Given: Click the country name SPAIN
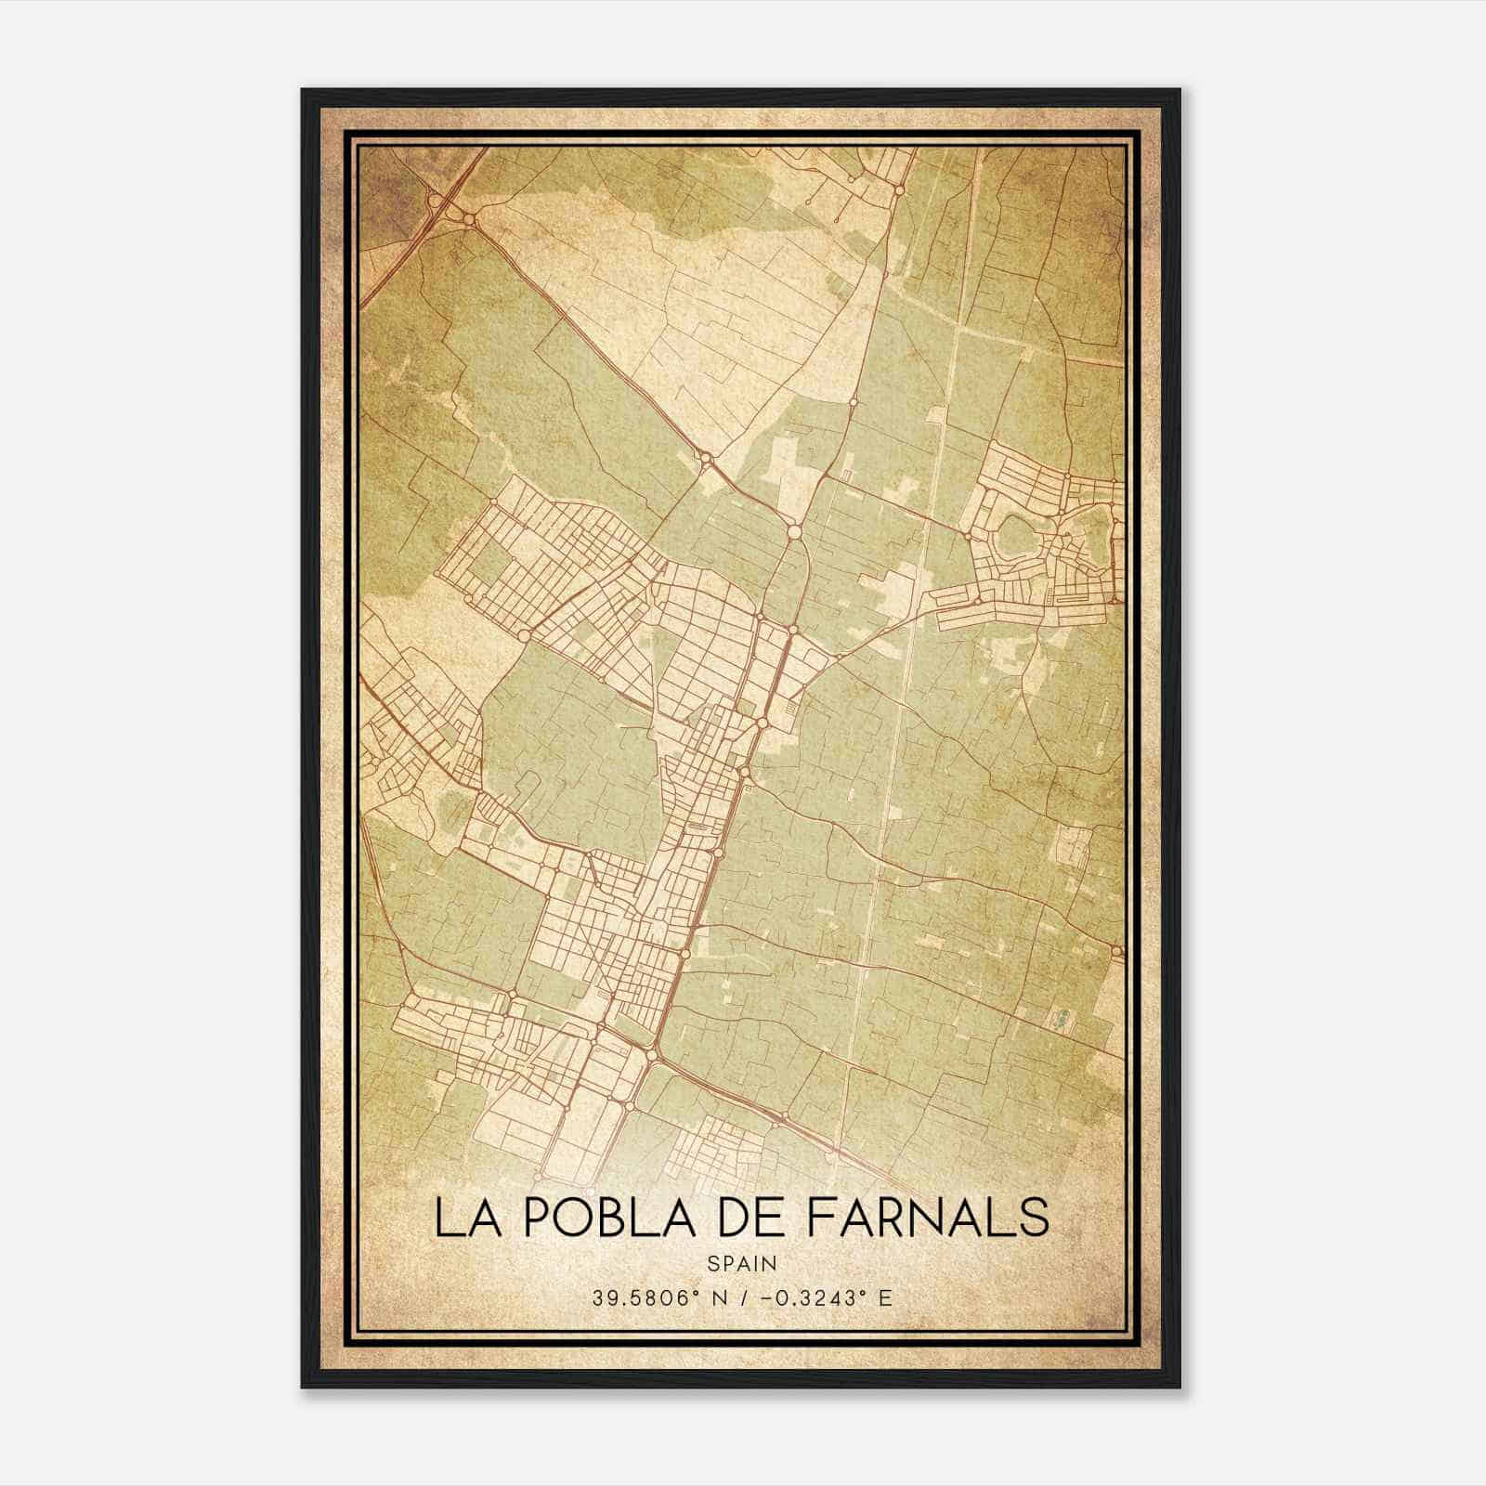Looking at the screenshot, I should pyautogui.click(x=742, y=1263).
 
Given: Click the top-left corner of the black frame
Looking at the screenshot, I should pyautogui.click(x=303, y=90).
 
